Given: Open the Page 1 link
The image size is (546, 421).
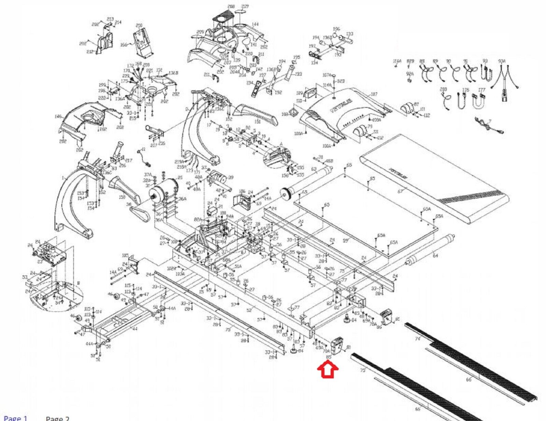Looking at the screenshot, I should (x=15, y=418).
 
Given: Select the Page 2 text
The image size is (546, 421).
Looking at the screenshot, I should (x=57, y=419).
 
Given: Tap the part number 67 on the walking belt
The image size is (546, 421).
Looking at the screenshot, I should (x=400, y=191).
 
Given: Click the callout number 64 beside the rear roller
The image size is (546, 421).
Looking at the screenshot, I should (x=435, y=255).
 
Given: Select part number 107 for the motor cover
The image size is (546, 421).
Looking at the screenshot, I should (x=374, y=94).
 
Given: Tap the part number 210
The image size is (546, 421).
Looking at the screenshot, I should (x=139, y=25).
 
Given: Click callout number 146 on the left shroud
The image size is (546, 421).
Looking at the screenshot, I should (x=58, y=116).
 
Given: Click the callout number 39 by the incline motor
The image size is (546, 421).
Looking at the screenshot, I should (x=231, y=177).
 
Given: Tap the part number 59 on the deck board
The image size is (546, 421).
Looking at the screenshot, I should (x=345, y=241).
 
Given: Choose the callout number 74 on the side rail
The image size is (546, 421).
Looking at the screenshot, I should (x=417, y=338).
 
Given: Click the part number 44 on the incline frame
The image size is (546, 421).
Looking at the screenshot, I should (x=135, y=329).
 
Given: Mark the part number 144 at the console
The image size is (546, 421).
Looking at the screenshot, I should (x=255, y=24).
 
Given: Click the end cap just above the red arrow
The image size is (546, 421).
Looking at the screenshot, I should (x=337, y=345).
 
